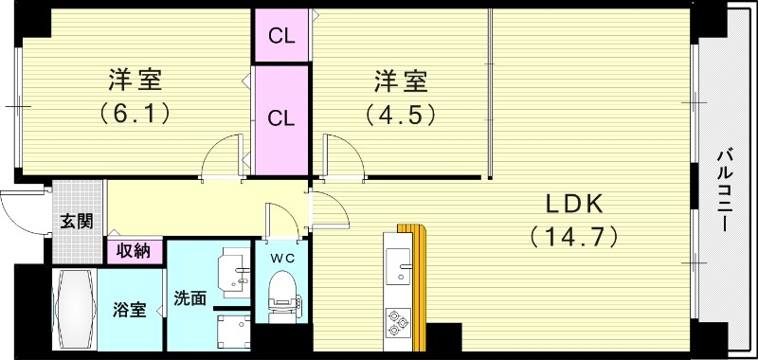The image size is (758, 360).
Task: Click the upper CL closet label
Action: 281,37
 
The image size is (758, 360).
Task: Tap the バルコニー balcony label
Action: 724,190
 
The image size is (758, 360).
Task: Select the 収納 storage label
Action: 134,251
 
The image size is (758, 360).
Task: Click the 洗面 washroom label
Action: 190,297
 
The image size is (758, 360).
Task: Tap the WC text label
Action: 281,256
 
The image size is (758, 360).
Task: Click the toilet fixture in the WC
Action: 282,290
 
